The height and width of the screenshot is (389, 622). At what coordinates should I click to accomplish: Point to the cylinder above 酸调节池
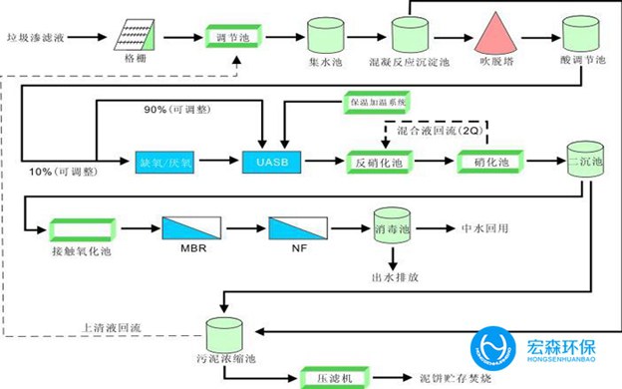tap(581, 34)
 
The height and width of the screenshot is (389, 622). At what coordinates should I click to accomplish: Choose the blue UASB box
tap(271, 160)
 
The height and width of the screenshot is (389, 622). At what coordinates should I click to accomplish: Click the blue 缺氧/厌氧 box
tap(165, 160)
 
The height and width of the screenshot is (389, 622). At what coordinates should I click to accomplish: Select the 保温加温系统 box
tap(379, 103)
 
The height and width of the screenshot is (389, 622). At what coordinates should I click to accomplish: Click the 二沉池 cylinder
tap(585, 161)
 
